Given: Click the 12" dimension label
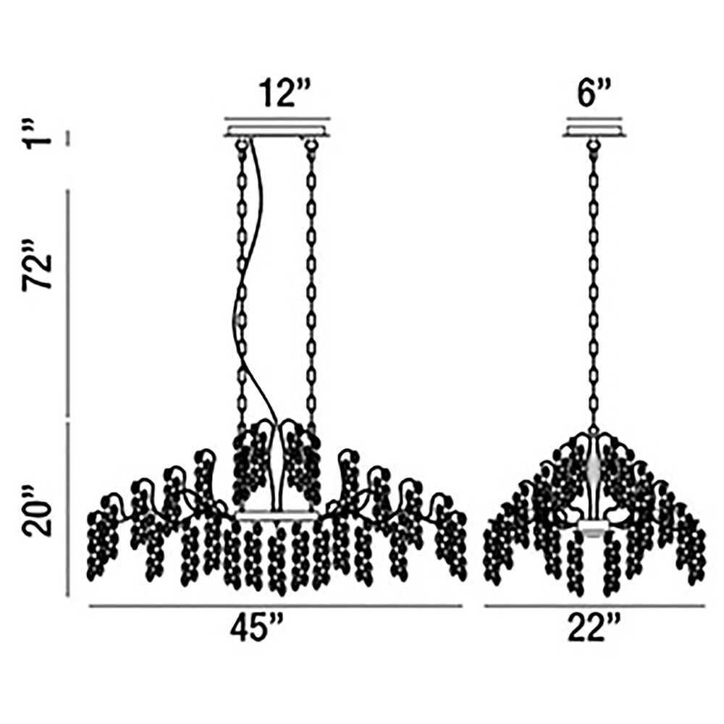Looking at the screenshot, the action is pos(279,93).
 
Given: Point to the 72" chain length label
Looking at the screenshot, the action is pos(36,265).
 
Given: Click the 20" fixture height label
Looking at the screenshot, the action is pos(37,512).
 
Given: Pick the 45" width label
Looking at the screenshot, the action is pos(255,628).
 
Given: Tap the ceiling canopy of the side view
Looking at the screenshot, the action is pos(594,130).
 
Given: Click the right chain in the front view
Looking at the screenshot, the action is pos(311,286).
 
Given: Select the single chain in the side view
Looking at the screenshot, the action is pos(594,286).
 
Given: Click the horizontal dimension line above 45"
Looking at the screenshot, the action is pos(276,606).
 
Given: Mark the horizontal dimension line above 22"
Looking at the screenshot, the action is pos(594,606).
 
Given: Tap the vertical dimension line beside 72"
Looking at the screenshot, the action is pos(68,303).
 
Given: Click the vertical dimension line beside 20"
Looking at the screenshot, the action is pos(68,509).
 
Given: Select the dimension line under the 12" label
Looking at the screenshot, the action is pos(277,118).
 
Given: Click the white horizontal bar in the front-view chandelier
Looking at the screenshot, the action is pos(277,515).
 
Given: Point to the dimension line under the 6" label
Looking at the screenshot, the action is pos(594,118).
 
